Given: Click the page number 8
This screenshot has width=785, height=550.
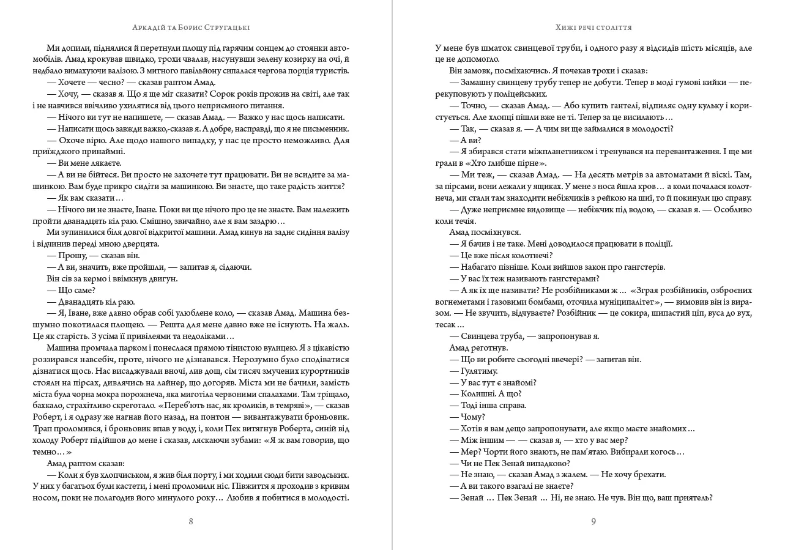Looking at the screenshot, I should click(191, 521).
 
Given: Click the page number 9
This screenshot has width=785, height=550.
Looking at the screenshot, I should click(593, 521).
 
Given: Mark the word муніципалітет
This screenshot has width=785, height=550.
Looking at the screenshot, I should click(630, 302).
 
